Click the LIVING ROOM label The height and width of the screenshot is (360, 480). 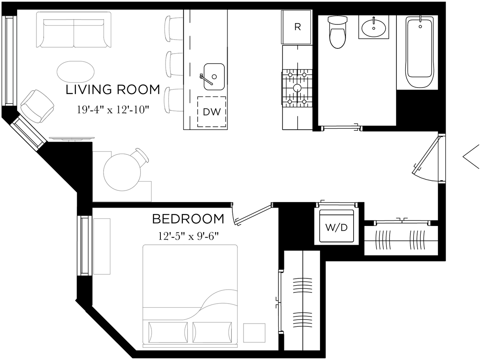pos(112,90)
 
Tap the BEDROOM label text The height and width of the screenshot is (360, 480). pos(188,219)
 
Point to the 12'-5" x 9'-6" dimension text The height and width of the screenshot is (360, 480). pos(188,236)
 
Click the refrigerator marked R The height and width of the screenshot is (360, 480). pos(297,27)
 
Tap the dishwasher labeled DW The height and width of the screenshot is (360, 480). pos(212,112)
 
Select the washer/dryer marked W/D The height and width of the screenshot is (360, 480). pos(336,227)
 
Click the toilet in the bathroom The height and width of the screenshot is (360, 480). pos(337,32)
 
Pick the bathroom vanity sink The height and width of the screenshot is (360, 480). pos(374,28)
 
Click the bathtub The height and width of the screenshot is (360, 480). pos(420,52)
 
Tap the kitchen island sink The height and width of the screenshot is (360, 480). pos(214,76)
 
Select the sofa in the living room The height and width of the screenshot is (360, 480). pos(74,30)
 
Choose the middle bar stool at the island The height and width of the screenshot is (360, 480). pos(174,64)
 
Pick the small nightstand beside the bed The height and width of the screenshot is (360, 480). pos(254,332)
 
